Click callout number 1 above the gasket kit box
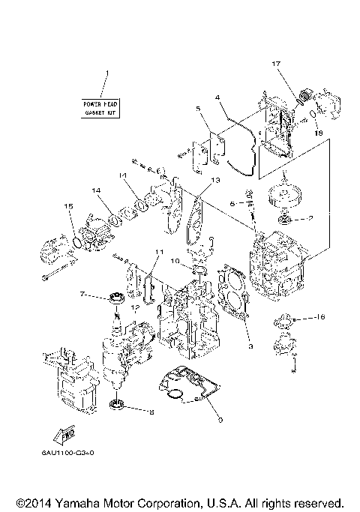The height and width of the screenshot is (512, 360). (106, 73)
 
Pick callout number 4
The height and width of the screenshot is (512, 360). (217, 97)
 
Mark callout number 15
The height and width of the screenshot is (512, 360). (68, 205)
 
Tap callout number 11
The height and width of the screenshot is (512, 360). (158, 251)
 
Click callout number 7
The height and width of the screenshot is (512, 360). (82, 295)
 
